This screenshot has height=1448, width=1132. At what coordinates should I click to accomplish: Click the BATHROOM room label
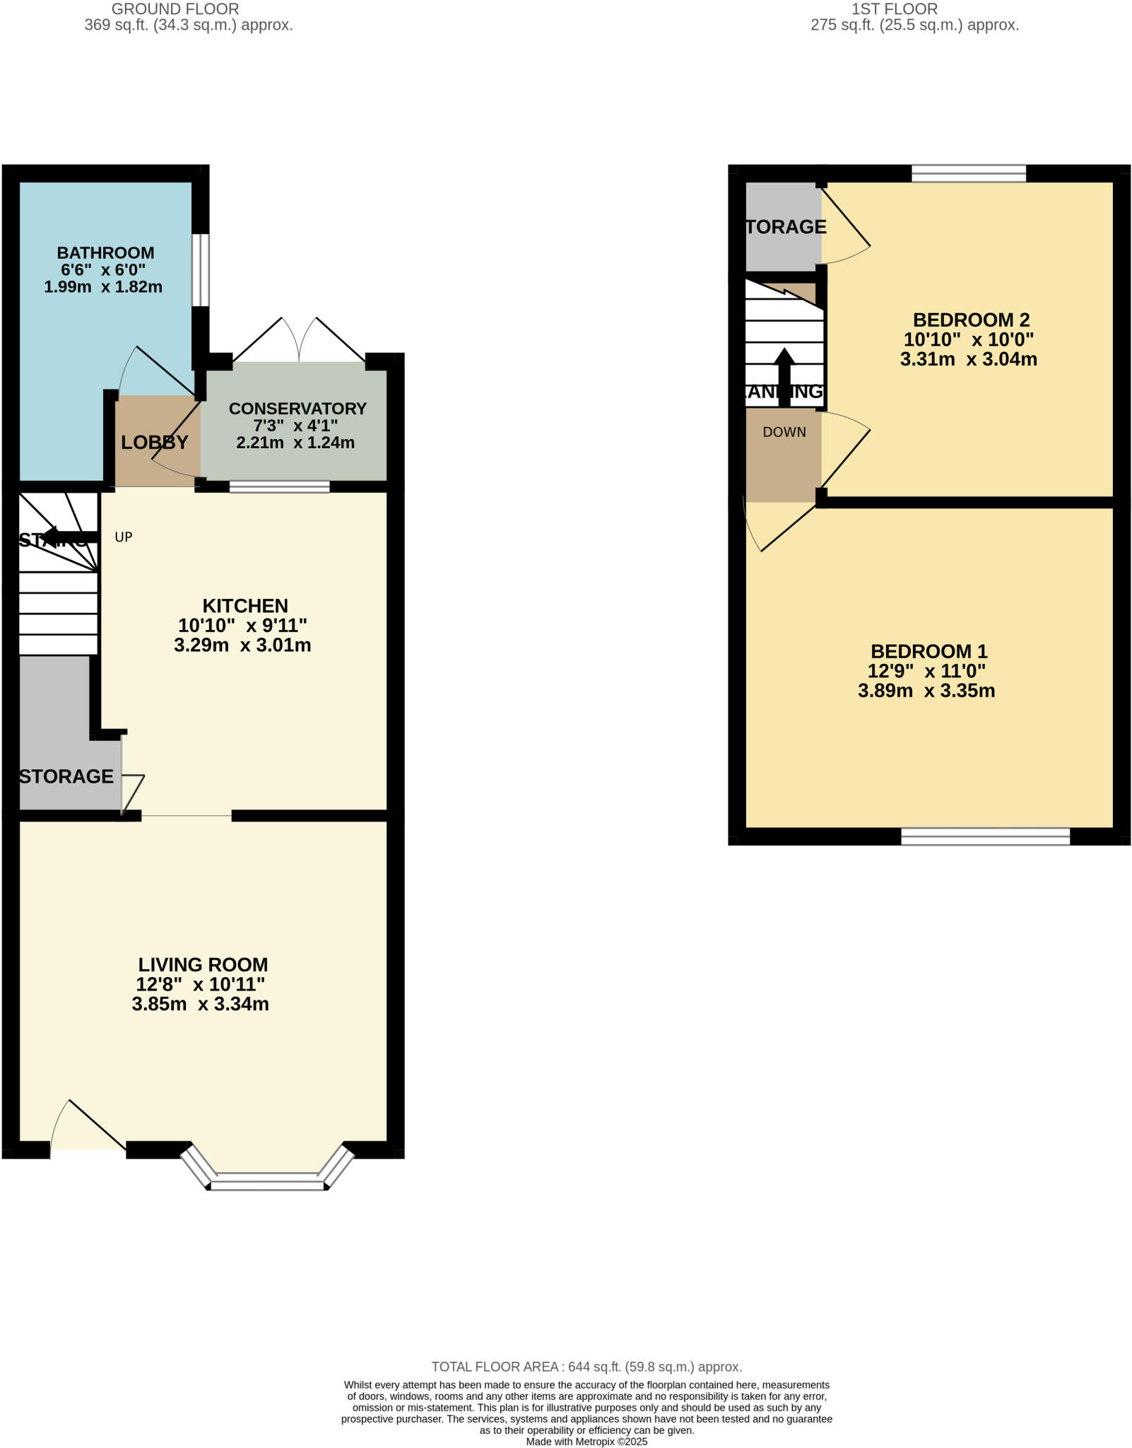pyautogui.click(x=105, y=252)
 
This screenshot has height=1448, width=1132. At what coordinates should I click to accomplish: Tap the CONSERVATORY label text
pyautogui.click(x=297, y=408)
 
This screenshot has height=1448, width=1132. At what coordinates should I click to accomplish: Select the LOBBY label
pyautogui.click(x=154, y=443)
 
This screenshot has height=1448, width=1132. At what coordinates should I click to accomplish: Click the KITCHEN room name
pyautogui.click(x=245, y=606)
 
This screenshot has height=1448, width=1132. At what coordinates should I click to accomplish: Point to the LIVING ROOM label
pyautogui.click(x=203, y=964)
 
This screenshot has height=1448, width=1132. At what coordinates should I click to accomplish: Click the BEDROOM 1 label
pyautogui.click(x=928, y=651)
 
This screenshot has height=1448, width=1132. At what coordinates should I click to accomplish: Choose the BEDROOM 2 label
pyautogui.click(x=971, y=320)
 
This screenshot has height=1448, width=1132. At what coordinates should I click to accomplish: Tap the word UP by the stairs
pyautogui.click(x=124, y=537)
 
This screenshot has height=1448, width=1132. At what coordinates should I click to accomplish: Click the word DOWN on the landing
pyautogui.click(x=784, y=432)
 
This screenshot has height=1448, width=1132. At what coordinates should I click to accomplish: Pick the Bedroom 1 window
pyautogui.click(x=985, y=836)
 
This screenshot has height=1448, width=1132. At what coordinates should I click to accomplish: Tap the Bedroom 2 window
pyautogui.click(x=968, y=173)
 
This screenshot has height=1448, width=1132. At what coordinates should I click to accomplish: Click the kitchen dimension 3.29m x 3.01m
pyautogui.click(x=242, y=645)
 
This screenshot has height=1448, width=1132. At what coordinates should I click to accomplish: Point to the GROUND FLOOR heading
pyautogui.click(x=175, y=9)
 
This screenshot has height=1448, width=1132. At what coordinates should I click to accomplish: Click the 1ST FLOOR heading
pyautogui.click(x=894, y=9)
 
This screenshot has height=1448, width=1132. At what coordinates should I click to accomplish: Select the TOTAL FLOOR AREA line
pyautogui.click(x=586, y=1367)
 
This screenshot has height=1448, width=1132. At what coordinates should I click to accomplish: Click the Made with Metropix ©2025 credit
pyautogui.click(x=586, y=1442)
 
